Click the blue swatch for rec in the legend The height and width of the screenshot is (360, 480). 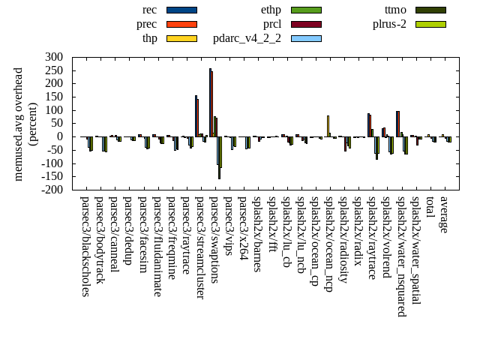[x=181, y=10]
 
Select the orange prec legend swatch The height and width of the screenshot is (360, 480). [x=181, y=24]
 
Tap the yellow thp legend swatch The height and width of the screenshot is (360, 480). [x=181, y=38]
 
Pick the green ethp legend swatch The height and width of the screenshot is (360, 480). [x=306, y=10]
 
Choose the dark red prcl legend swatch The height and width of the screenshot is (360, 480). [x=306, y=24]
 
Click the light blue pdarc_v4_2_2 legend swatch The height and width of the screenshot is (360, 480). [x=306, y=38]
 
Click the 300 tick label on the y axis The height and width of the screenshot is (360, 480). [x=54, y=57]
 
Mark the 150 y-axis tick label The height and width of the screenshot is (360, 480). [x=54, y=97]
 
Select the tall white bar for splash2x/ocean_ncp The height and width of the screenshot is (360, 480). [x=328, y=126]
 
